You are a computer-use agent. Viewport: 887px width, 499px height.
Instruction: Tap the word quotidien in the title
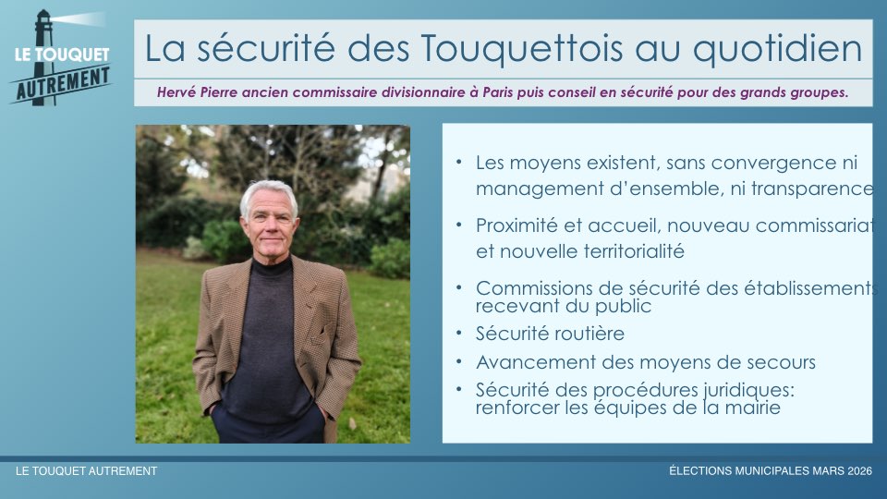coord(777,50)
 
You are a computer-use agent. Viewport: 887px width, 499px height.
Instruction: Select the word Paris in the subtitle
coord(498,92)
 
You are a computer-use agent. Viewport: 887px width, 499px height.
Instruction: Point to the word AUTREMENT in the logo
coord(63,84)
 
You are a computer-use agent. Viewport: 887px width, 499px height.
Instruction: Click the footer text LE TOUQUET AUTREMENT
coord(87,470)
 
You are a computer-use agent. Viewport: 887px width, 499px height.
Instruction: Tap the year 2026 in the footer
coord(859,470)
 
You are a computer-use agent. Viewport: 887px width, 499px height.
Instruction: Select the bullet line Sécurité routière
coord(550,334)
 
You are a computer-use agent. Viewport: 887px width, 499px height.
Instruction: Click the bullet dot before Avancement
coord(459,360)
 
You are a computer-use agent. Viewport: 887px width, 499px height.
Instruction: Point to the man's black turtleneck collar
coord(272,266)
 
